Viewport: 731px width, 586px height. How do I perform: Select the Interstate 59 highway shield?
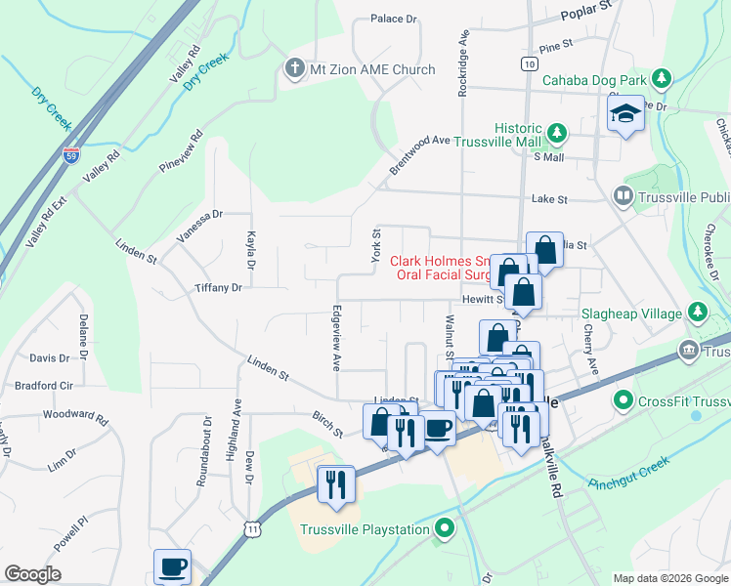69,154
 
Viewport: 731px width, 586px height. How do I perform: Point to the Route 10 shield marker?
528,63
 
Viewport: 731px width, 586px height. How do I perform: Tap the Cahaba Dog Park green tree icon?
663,78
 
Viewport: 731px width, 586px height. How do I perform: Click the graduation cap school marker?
625,115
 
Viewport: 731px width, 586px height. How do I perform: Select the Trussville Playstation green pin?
446,530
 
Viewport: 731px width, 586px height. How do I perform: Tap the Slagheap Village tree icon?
697,314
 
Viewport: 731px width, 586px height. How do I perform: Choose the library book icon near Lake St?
623,197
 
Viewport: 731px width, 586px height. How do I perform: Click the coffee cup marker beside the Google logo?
173,567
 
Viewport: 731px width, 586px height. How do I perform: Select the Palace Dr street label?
394,19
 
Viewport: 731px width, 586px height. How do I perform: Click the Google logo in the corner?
32,574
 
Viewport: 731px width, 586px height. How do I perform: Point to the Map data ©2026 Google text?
670,578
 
